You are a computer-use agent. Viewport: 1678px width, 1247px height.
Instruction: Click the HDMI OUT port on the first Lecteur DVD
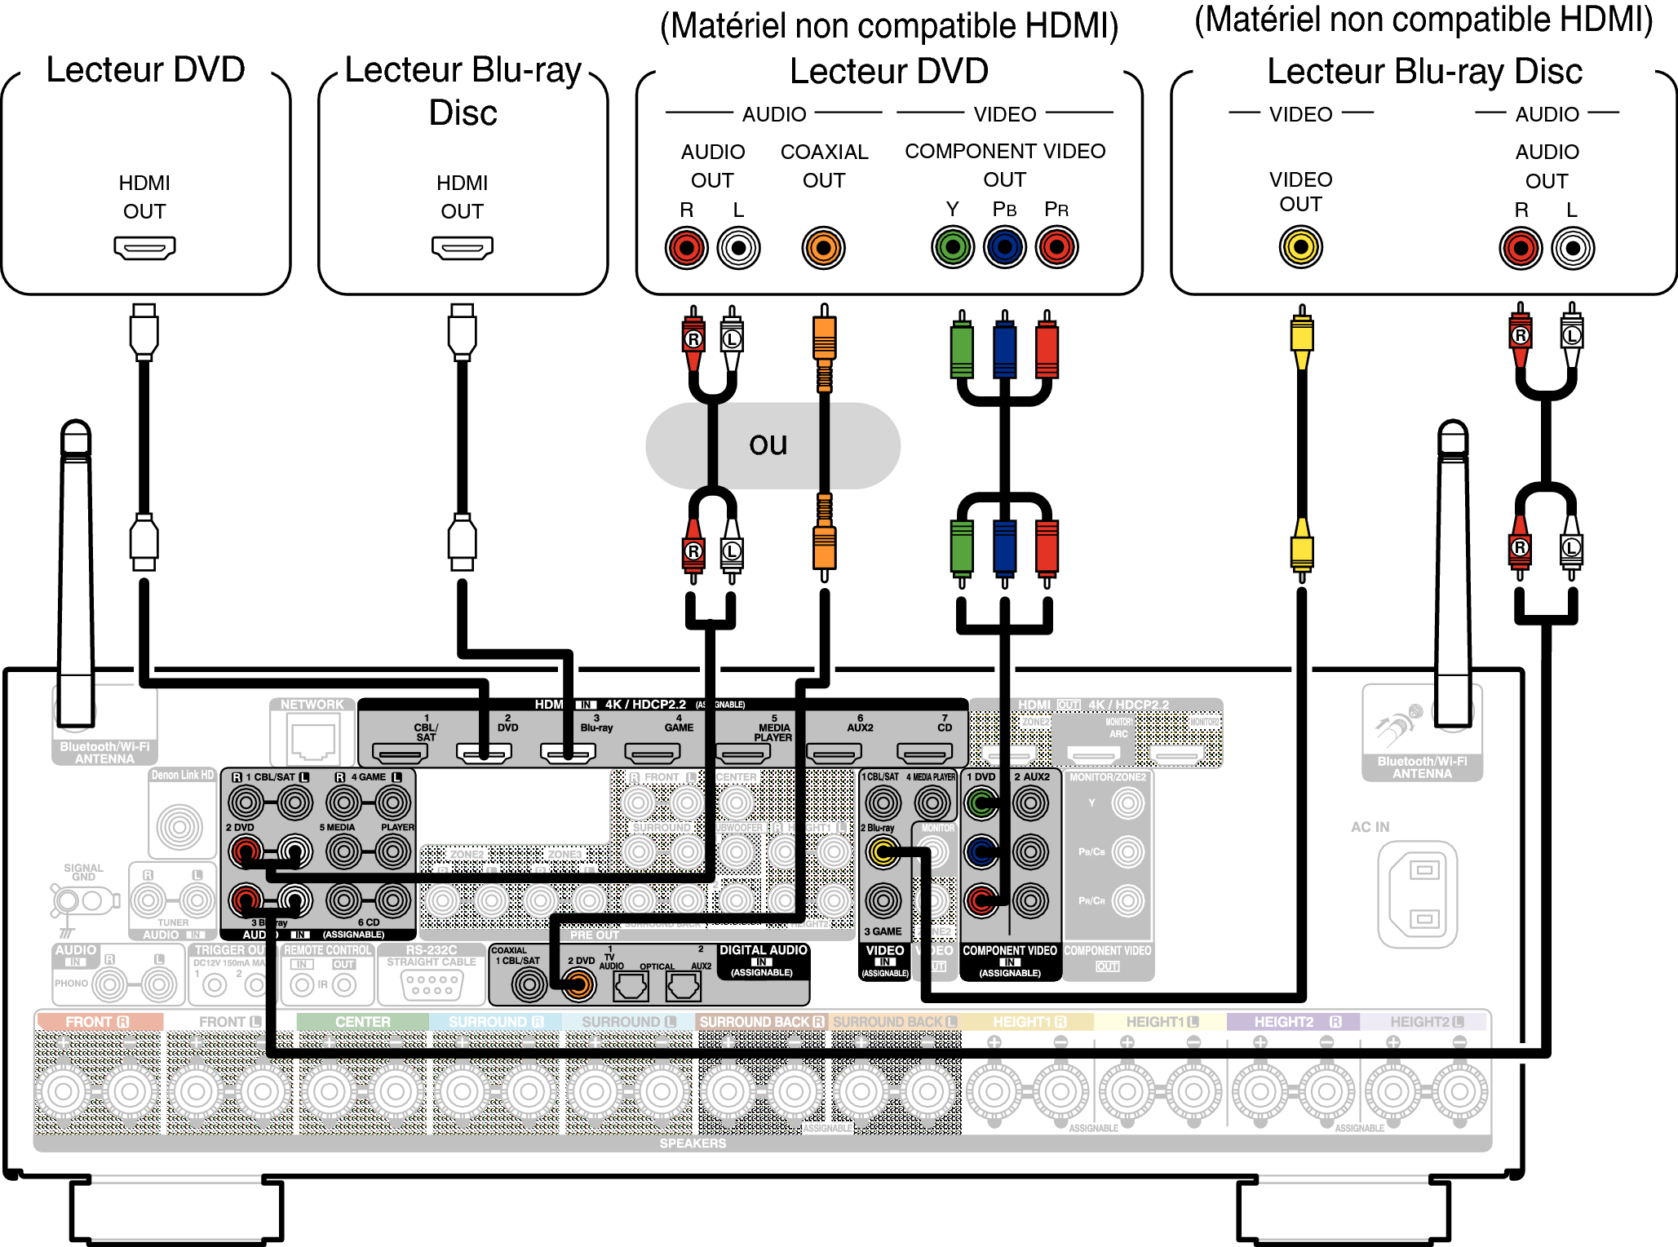pos(144,247)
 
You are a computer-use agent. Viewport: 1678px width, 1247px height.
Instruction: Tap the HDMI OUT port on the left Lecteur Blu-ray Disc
pos(463,247)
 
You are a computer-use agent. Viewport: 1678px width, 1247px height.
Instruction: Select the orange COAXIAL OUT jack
pos(823,248)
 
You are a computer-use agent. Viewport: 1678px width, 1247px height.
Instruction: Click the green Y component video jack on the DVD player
pos(953,247)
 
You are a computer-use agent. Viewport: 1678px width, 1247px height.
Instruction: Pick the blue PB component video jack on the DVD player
pos(1005,247)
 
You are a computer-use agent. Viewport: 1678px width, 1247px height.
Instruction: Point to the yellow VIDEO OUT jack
pos(1300,247)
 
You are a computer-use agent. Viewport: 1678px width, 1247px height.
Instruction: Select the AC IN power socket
pos(1417,894)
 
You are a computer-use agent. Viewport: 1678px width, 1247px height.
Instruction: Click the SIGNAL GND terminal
pos(82,901)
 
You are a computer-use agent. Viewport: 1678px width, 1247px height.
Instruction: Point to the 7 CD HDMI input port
pos(923,752)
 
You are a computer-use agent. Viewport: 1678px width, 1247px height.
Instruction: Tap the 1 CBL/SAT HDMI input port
pos(400,752)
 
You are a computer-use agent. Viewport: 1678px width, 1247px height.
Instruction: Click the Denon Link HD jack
pos(180,827)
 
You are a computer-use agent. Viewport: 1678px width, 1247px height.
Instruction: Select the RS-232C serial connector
pos(432,984)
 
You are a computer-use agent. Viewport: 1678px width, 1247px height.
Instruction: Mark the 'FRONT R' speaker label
pos(98,1022)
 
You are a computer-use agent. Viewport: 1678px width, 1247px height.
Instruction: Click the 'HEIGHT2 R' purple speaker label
pos(1293,1022)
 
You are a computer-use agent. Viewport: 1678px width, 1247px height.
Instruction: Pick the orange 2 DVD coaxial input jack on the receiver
pos(578,985)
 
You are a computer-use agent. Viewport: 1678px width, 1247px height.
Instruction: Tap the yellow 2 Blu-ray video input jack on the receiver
pos(883,852)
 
